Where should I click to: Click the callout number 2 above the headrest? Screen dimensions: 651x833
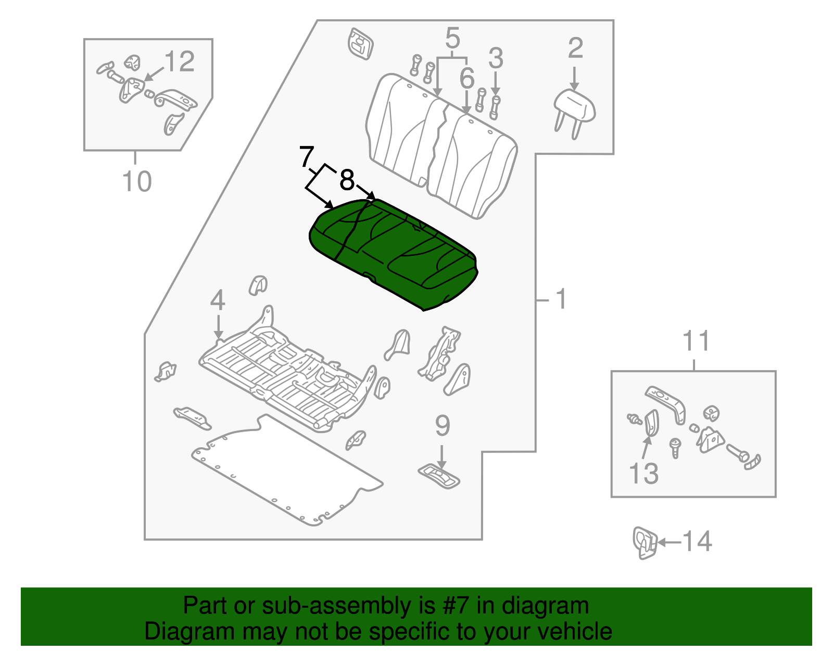coord(575,48)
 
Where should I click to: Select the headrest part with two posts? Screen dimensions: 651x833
coord(574,107)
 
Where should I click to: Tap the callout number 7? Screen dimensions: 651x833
coord(307,157)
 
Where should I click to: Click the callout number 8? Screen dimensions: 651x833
coord(347,181)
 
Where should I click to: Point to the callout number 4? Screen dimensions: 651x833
coord(218,301)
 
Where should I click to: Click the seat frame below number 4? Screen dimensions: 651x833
coord(286,375)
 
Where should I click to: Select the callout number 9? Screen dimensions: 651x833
coord(442,426)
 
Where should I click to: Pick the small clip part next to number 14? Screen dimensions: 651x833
coord(644,543)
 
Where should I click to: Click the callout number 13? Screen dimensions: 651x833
coord(643,473)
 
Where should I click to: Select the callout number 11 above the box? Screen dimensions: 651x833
coord(696,342)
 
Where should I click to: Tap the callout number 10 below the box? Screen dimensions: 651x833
coord(137,182)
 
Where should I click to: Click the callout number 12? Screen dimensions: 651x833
coord(179,62)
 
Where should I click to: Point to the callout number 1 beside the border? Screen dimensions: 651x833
coord(561,300)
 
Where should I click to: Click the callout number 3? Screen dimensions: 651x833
coord(495,58)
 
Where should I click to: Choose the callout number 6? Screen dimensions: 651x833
coord(466,79)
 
